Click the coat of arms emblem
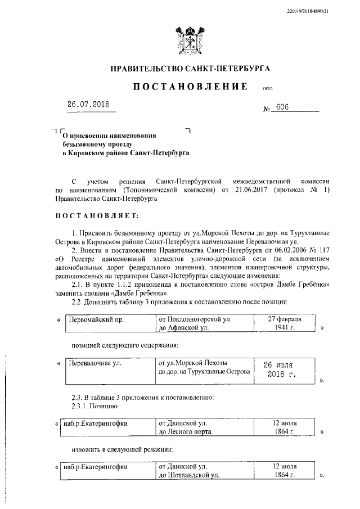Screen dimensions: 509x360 coord(190,40)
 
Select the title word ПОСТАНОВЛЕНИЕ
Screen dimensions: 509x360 coord(190,87)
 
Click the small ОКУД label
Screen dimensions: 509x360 coord(268,89)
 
